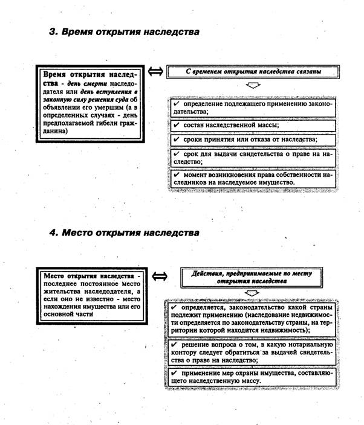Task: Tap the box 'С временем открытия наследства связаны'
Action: click(x=253, y=71)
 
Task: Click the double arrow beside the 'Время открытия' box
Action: click(x=155, y=71)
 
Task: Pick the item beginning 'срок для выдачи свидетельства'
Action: click(x=251, y=158)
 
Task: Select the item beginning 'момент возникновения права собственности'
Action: click(x=251, y=179)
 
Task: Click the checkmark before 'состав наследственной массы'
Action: click(x=175, y=125)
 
